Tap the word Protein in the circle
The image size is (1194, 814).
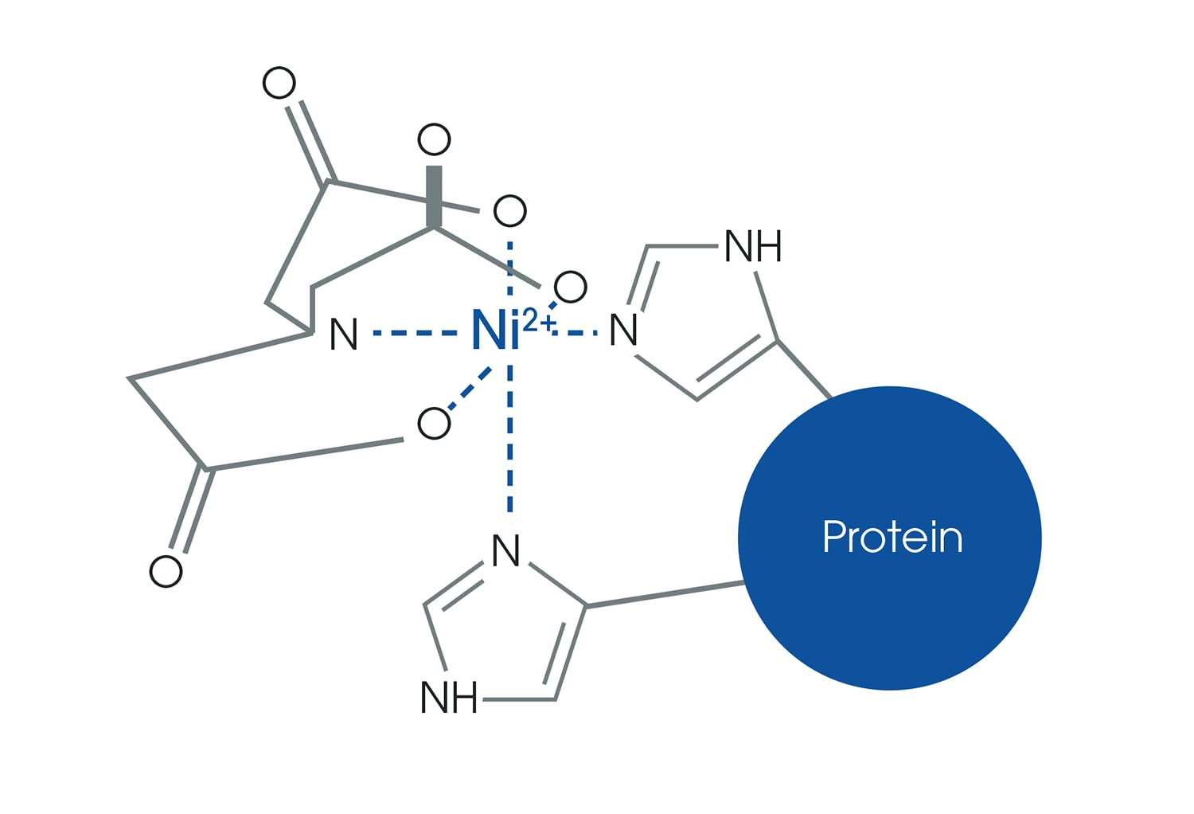(892, 537)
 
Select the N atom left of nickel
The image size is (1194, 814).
(344, 335)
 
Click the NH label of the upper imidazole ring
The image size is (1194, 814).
(753, 247)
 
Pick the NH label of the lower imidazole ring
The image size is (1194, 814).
(448, 699)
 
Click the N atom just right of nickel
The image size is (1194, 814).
(623, 331)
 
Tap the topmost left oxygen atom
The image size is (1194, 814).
(279, 83)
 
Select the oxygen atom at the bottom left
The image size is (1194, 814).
(166, 571)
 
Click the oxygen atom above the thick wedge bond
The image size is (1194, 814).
(434, 140)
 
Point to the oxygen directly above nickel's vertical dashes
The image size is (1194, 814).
(510, 211)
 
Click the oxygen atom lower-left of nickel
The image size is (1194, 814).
(434, 423)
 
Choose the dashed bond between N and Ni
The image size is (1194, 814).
(414, 332)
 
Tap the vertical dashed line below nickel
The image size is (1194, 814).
(510, 446)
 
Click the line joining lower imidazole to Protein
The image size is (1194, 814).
(665, 595)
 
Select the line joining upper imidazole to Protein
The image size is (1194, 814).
(804, 369)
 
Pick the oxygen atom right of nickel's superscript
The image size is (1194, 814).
(571, 287)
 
